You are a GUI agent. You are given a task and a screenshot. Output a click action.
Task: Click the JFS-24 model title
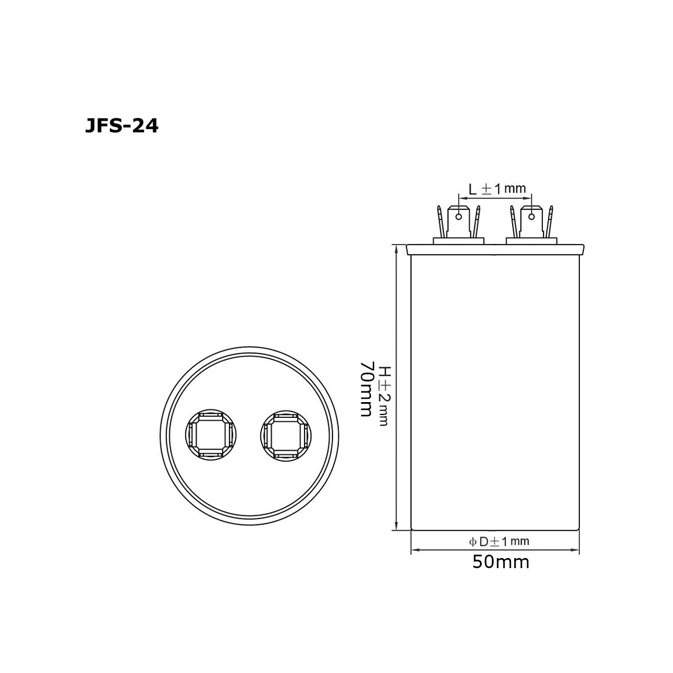[x=122, y=126]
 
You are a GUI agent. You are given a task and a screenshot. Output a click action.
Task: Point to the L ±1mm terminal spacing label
[x=497, y=189]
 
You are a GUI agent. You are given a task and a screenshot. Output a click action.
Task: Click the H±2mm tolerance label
[x=384, y=396]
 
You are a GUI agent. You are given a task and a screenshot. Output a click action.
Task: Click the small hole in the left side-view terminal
[x=459, y=217]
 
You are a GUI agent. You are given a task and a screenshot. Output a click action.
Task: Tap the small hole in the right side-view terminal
[x=531, y=217]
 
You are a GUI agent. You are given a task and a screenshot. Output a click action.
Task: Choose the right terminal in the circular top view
[x=286, y=436]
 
